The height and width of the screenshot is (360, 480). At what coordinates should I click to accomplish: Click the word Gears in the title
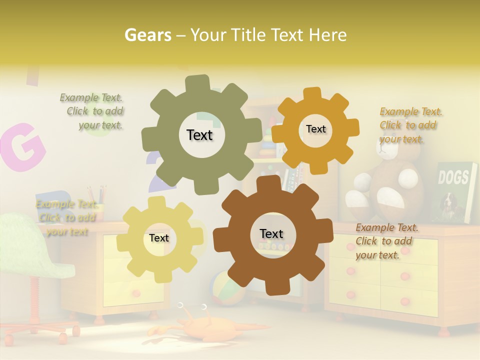tap(147, 35)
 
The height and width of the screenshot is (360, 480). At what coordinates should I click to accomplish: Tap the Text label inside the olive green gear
tap(199, 135)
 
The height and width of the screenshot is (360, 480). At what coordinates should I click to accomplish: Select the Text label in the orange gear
tap(315, 129)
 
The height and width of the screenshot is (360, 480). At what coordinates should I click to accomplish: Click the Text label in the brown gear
tap(271, 233)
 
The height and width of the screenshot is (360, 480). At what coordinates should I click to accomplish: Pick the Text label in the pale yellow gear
tap(159, 238)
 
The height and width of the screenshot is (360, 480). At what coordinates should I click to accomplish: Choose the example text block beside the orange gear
tap(410, 125)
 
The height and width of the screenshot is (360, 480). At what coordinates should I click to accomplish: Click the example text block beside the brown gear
tap(386, 241)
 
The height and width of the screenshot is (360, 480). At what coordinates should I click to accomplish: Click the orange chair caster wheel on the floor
tap(63, 338)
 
